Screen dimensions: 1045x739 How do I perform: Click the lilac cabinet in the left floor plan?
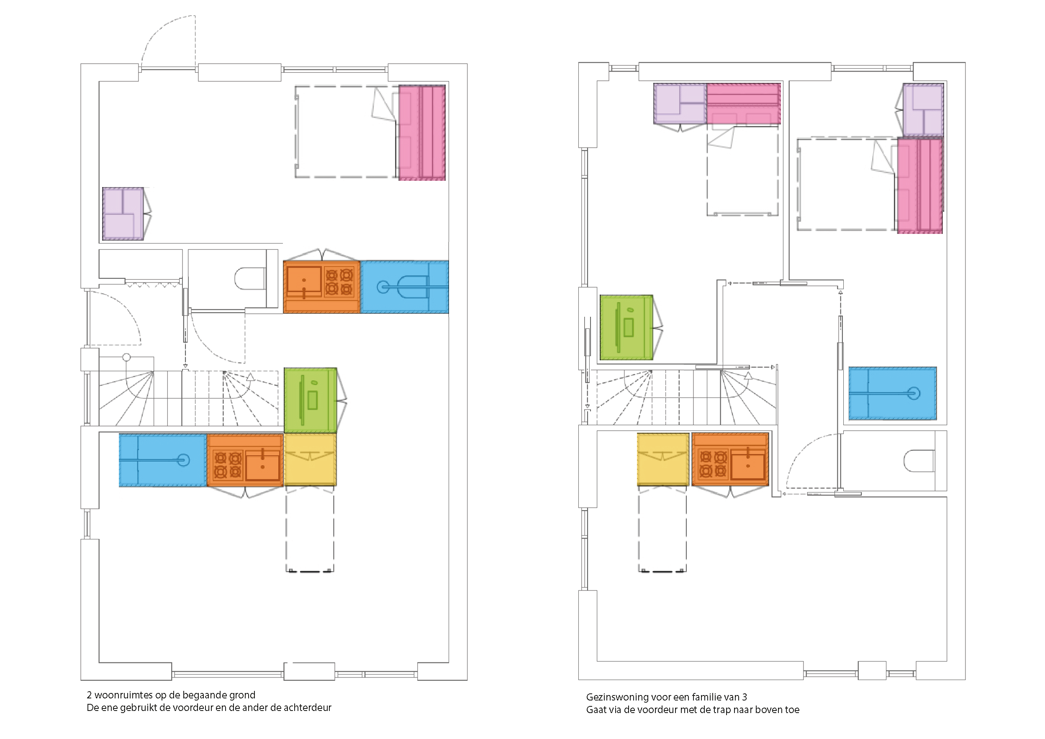(x=123, y=213)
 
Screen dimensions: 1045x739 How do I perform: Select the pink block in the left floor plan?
(x=422, y=132)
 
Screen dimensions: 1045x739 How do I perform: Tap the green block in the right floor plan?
(x=626, y=327)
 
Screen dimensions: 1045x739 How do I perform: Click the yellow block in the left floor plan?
(x=310, y=459)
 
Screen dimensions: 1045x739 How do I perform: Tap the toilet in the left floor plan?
(x=250, y=279)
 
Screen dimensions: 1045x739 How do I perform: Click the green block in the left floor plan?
(x=311, y=400)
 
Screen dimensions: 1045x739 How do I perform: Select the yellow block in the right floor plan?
(x=663, y=459)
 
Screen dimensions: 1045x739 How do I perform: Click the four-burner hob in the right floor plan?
(x=713, y=464)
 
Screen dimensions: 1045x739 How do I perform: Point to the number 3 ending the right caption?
(x=744, y=697)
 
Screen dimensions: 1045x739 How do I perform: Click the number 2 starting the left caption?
(x=89, y=695)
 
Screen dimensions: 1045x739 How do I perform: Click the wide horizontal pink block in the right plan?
(x=744, y=103)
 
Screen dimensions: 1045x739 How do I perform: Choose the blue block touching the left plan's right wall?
(x=405, y=287)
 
